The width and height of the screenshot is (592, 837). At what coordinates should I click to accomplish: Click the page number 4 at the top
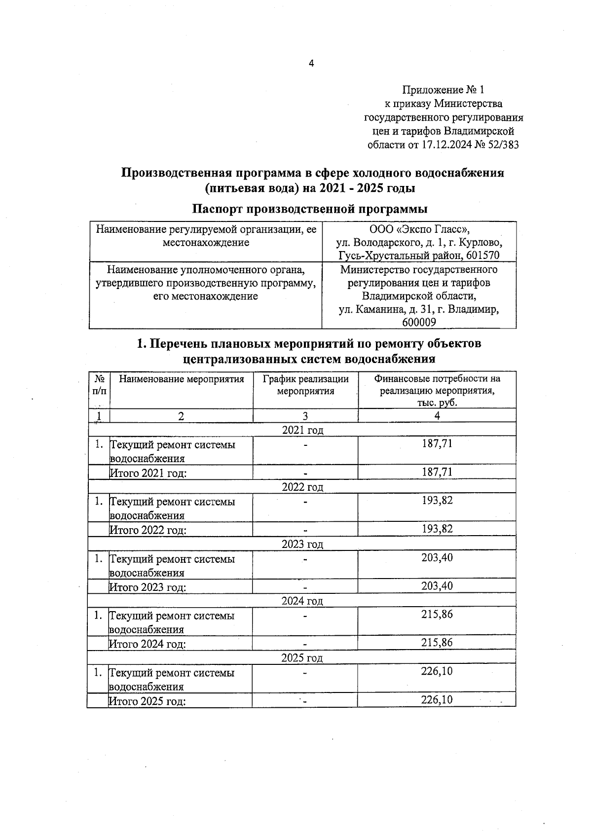point(311,64)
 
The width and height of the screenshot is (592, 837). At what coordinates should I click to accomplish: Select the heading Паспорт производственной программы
point(309,209)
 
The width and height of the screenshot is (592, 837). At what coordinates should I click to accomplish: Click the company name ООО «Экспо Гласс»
point(419,229)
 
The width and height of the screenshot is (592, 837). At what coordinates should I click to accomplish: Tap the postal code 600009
point(419,323)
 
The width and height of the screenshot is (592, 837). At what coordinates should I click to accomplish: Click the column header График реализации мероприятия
point(305,385)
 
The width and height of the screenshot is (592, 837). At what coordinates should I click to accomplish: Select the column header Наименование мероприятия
point(182,379)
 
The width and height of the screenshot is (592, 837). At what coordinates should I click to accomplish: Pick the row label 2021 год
point(302,430)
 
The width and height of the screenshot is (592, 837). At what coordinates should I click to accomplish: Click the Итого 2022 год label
point(148,530)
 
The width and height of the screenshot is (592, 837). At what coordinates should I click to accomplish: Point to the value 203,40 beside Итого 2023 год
point(437,586)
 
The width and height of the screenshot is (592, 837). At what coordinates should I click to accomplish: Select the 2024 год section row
point(302,601)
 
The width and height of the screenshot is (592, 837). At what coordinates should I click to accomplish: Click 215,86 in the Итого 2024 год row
point(437,643)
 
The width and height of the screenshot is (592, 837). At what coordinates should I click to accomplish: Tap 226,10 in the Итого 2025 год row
point(437,700)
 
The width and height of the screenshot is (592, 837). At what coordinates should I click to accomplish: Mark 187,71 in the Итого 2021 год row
point(437,472)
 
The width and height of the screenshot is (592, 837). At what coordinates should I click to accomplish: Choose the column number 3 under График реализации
point(305,416)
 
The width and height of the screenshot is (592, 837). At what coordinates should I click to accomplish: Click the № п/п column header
point(99,385)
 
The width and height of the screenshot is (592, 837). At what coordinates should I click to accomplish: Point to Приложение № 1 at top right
point(444,90)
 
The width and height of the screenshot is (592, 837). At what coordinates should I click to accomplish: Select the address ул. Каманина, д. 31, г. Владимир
point(419,310)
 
